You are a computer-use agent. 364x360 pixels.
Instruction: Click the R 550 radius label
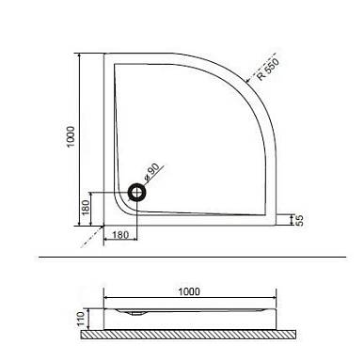click(268, 70)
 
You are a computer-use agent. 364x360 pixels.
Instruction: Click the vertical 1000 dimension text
click(71, 136)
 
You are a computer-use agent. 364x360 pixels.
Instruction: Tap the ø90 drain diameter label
click(151, 172)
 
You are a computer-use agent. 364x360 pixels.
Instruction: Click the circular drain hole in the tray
click(136, 193)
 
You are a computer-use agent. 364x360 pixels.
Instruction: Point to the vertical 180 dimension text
click(86, 208)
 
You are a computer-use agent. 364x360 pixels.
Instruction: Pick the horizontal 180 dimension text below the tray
click(120, 235)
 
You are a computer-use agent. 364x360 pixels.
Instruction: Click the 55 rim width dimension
click(299, 220)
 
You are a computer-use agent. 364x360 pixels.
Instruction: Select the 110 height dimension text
click(81, 319)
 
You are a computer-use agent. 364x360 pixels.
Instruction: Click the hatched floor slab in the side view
click(188, 335)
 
